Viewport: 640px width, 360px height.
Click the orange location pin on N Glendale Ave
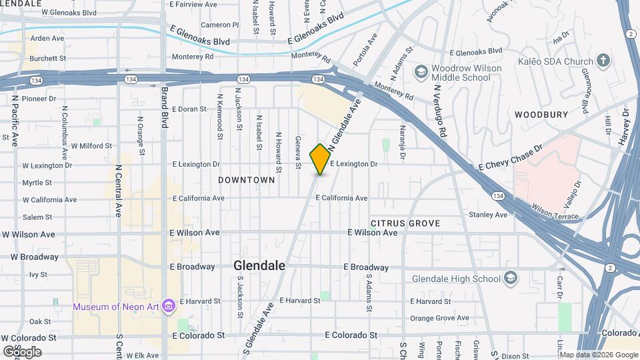320,159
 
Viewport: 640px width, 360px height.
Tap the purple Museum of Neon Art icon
168,306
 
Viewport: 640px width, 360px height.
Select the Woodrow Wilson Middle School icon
421,71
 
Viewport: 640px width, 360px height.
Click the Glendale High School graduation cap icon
510,278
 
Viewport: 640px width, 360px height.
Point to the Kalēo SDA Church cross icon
603,61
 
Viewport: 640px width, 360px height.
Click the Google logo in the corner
22,351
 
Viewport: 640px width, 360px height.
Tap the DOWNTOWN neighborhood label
247,180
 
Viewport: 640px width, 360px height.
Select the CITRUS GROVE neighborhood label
405,223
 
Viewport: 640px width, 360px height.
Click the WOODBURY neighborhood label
541,115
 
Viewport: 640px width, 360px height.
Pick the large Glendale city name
259,265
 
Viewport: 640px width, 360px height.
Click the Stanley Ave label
487,215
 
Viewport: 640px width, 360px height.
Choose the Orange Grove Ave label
439,318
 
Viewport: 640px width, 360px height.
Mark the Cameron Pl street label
219,25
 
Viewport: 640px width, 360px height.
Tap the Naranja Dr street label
403,142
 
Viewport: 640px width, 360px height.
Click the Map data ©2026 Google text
597,355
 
